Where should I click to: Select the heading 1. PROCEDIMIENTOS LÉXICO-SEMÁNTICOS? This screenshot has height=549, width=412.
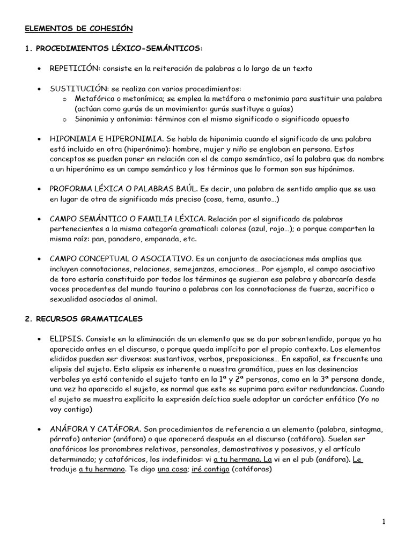(x=114, y=49)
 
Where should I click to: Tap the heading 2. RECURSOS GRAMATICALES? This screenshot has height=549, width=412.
(x=83, y=318)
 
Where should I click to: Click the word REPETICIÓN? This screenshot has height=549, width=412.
(x=75, y=69)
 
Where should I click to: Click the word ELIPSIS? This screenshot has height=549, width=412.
(x=67, y=339)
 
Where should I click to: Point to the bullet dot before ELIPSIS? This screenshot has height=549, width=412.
(x=40, y=340)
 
